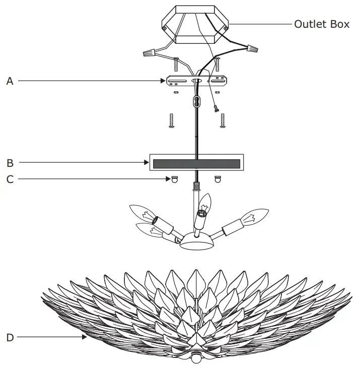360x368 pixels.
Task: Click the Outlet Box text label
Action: click(321, 24)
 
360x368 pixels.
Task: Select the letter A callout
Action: click(10, 81)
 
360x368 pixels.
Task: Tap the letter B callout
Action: click(10, 163)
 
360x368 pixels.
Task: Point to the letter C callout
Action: click(10, 178)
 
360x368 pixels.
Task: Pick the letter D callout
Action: click(10, 337)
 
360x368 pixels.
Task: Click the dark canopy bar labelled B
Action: click(196, 163)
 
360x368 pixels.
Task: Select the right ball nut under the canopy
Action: click(218, 179)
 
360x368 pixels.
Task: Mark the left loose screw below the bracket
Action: click(171, 121)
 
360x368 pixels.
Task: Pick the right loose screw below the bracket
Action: click(223, 121)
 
